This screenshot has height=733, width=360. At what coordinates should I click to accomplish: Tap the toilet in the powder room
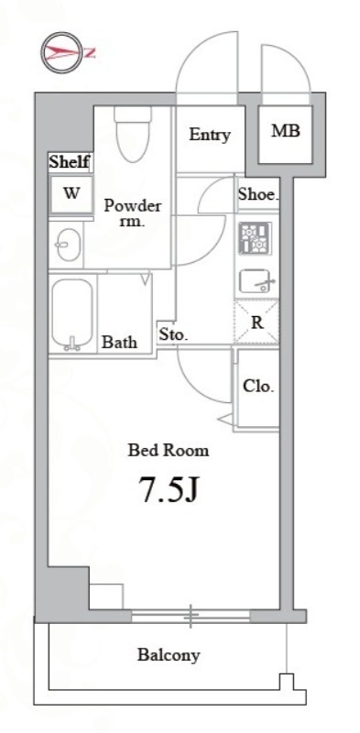tap(133, 133)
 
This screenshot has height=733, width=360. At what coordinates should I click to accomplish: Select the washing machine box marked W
tap(71, 194)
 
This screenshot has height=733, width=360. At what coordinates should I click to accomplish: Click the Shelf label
tap(70, 162)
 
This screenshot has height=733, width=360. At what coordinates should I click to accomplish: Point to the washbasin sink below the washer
tap(68, 245)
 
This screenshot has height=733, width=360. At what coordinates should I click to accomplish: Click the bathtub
tap(72, 314)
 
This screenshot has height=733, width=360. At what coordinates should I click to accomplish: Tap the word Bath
tap(120, 342)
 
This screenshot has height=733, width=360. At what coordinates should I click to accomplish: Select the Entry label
tap(210, 136)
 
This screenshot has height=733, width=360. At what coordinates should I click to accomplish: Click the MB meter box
tap(286, 131)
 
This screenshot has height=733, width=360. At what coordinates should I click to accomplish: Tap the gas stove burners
tap(255, 238)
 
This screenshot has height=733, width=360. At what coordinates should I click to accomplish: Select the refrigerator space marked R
tap(256, 323)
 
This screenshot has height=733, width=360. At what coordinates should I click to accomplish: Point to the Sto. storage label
tap(173, 334)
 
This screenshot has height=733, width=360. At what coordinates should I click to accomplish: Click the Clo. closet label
tap(257, 386)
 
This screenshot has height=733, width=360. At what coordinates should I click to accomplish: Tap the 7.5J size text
tap(169, 490)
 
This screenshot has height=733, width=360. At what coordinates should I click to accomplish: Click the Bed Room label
tap(169, 451)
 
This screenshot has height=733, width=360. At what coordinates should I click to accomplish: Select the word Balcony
tap(169, 655)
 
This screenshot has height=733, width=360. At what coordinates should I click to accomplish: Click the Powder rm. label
tap(132, 213)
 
